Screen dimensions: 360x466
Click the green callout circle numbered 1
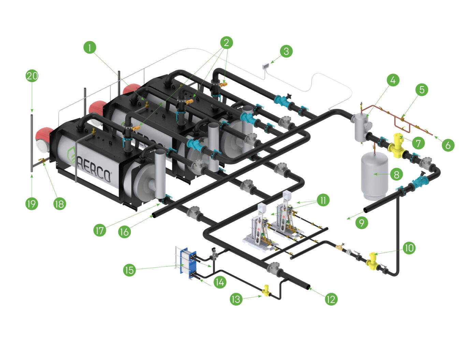[90, 47]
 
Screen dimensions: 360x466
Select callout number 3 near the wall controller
[286, 51]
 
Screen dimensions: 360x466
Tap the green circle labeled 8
[396, 175]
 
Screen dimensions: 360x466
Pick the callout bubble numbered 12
[331, 299]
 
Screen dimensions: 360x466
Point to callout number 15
[129, 270]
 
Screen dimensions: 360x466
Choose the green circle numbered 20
[32, 76]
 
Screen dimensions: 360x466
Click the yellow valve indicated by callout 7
[397, 145]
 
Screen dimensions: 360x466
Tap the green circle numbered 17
[99, 230]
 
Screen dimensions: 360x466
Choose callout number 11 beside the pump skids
[323, 200]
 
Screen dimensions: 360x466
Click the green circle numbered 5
[422, 90]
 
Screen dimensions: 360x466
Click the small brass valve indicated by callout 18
[42, 160]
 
